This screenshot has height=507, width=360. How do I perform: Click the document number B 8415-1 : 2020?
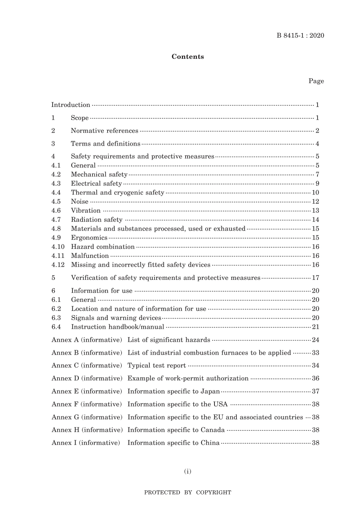[300, 36]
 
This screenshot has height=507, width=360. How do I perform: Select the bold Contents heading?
[188, 57]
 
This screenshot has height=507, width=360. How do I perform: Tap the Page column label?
[316, 81]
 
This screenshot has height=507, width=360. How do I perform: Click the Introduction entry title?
[71, 105]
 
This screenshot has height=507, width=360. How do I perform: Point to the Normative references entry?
[105, 131]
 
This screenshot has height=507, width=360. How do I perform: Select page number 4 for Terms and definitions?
[317, 144]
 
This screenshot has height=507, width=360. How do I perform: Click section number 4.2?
[56, 174]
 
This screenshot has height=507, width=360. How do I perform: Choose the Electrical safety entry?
[96, 184]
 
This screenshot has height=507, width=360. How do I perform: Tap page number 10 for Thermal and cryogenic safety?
[315, 193]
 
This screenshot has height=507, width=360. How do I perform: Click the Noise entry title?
[80, 202]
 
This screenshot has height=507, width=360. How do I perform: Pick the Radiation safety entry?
[97, 220]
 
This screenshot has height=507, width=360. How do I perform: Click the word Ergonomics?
[89, 238]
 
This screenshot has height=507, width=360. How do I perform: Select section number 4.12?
[58, 265]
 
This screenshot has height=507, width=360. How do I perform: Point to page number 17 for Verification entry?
[315, 278]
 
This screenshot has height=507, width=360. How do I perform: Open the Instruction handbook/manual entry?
[117, 327]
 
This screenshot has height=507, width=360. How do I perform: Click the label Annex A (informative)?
[87, 340]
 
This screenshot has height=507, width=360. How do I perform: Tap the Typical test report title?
[157, 366]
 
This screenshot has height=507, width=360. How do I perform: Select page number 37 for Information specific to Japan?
[315, 391]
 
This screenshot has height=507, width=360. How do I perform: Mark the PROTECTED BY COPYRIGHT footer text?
[188, 493]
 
